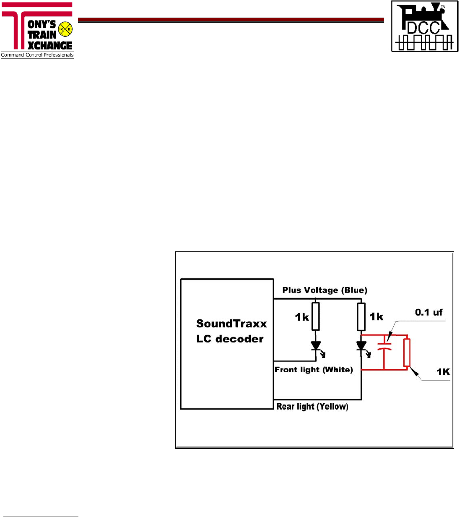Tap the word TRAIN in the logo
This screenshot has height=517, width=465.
[x=42, y=35]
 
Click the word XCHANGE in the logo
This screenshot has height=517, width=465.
[x=50, y=45]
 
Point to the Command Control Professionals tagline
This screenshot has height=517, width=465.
[x=37, y=55]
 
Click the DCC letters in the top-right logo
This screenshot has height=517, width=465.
[x=423, y=28]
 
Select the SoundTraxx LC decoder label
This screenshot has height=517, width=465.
[x=231, y=331]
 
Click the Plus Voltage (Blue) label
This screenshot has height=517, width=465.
[x=325, y=290]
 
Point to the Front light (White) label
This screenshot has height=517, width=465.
[x=314, y=370]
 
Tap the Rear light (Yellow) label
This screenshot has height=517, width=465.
[x=312, y=407]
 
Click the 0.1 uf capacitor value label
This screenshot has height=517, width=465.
[x=429, y=312]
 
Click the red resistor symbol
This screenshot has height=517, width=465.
[x=406, y=352]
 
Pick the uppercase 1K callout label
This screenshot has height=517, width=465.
[x=443, y=372]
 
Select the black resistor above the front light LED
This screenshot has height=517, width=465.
[x=316, y=316]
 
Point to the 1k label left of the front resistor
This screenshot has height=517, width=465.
[x=302, y=317]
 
